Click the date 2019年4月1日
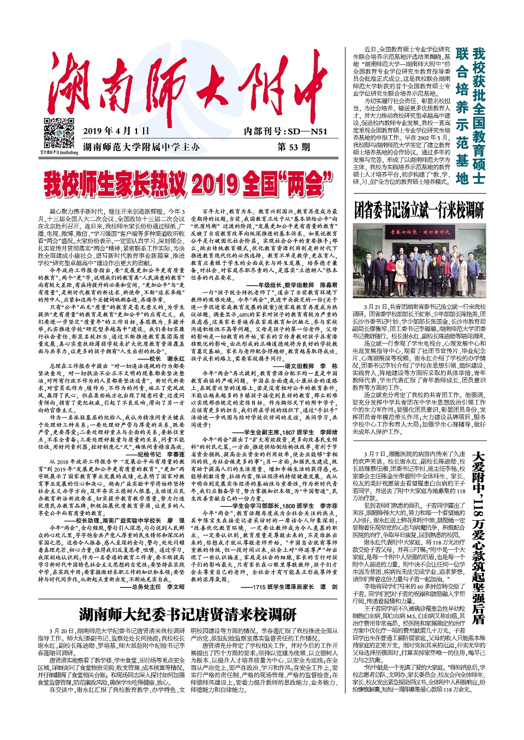pyautogui.click(x=116, y=131)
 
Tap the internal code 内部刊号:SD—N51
pyautogui.click(x=285, y=131)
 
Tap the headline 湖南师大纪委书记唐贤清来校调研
pyautogui.click(x=188, y=615)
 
